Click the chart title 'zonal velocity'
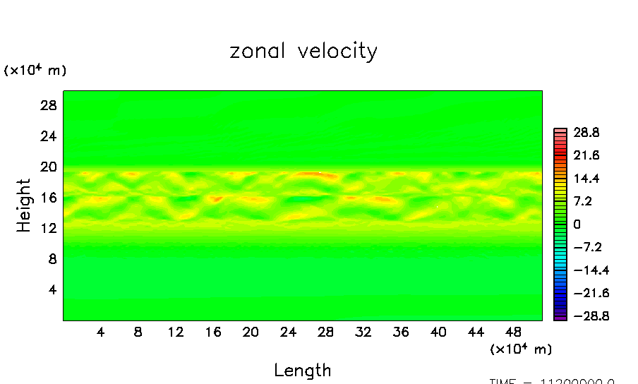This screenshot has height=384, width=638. click(303, 52)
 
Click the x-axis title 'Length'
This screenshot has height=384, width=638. click(302, 370)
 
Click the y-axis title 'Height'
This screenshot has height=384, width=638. click(24, 205)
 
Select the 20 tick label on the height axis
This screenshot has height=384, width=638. click(47, 167)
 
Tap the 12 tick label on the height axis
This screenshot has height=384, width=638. click(47, 228)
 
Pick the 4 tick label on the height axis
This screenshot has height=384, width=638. click(51, 289)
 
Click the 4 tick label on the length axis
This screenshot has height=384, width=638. click(101, 332)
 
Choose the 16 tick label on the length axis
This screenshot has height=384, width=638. click(213, 332)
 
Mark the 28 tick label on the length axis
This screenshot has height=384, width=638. click(325, 332)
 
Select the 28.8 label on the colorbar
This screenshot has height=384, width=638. click(586, 133)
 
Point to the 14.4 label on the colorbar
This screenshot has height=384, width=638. click(586, 179)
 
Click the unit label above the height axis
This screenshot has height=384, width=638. click(35, 71)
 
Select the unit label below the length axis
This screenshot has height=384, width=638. click(520, 349)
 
